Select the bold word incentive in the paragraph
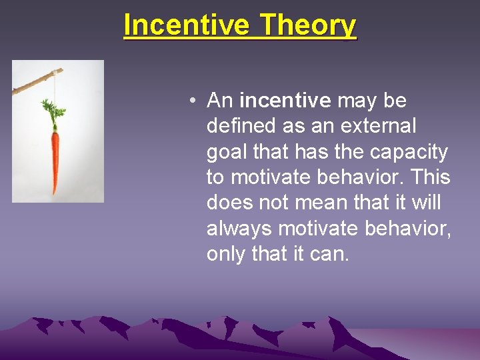pos(285,101)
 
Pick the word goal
pos(227,153)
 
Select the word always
pos(239,229)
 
